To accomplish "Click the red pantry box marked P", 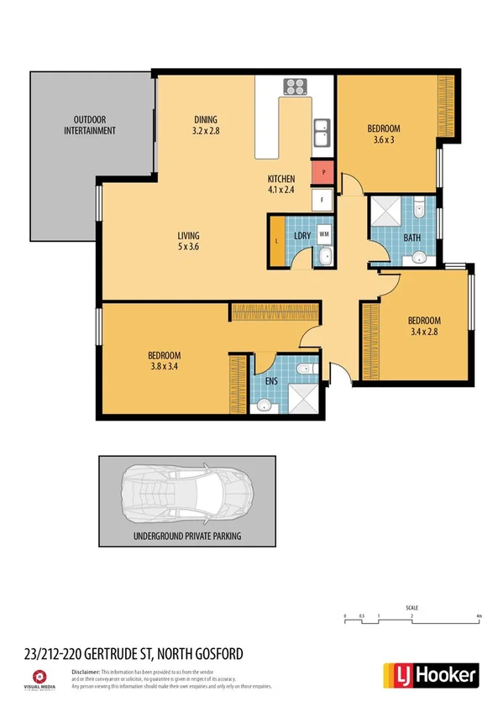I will pyautogui.click(x=323, y=173).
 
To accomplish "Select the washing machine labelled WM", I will pyautogui.click(x=323, y=234).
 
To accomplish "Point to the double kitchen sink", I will pyautogui.click(x=322, y=132).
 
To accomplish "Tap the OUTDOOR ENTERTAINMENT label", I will pyautogui.click(x=89, y=125).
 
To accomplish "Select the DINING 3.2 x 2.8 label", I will pyautogui.click(x=205, y=125).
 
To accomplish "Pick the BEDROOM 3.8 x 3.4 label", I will pyautogui.click(x=164, y=360).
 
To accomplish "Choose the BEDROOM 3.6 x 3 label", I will pyautogui.click(x=384, y=133).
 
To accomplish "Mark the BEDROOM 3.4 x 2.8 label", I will pyautogui.click(x=424, y=326).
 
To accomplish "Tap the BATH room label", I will pyautogui.click(x=411, y=238).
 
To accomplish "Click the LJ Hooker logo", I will pyautogui.click(x=431, y=673).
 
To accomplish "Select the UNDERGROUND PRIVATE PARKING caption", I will pyautogui.click(x=186, y=535).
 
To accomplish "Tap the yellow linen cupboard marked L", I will pyautogui.click(x=277, y=241).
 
